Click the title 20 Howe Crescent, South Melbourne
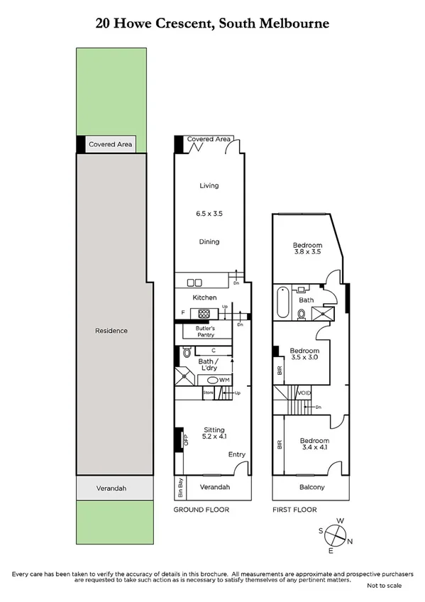coord(212,24)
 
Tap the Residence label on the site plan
coord(111,331)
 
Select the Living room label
coord(209,186)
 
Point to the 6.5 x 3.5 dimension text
coord(209,213)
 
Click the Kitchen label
coord(205,297)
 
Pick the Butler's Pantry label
coord(200,331)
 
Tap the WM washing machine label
coord(223,381)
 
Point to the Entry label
coord(237,454)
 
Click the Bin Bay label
coord(180,488)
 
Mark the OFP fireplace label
coord(185,440)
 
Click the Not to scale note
coord(385,586)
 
